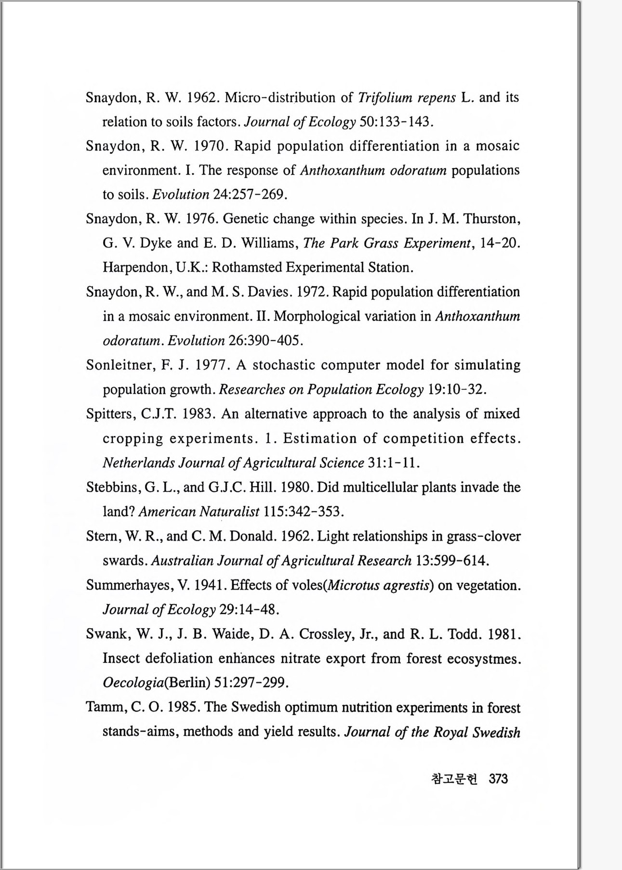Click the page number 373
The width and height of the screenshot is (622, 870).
click(x=498, y=779)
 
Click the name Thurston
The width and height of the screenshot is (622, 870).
click(x=491, y=219)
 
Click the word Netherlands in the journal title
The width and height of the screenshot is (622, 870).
click(x=139, y=463)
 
